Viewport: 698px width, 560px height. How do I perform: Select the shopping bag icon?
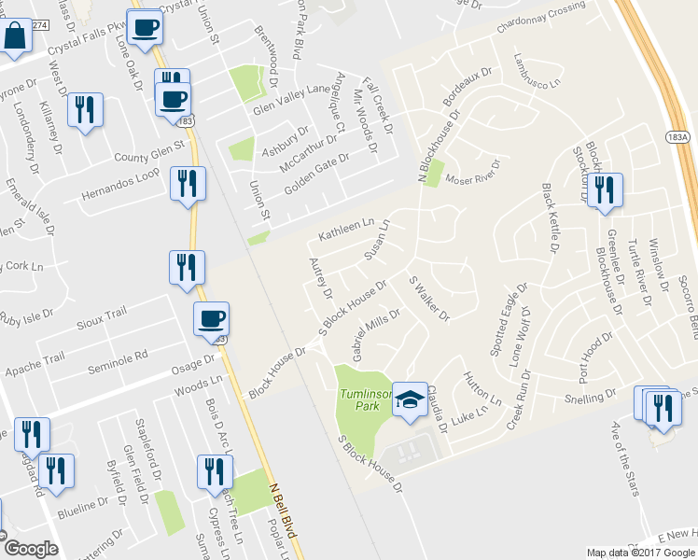click(x=16, y=37)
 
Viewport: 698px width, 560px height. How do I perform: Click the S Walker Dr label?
click(x=429, y=300)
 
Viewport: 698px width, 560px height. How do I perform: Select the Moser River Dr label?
click(x=473, y=172)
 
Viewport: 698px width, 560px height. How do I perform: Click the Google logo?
click(x=30, y=549)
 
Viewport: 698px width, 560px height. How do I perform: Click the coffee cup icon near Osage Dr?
click(x=211, y=320)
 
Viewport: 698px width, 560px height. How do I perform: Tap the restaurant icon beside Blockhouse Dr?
click(x=605, y=190)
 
